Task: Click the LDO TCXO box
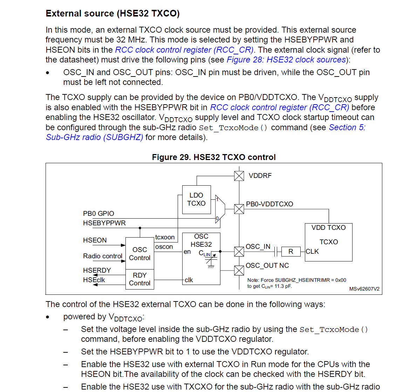pos(196,199)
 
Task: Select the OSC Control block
pos(139,253)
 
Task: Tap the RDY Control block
pos(139,279)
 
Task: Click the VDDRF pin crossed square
pos(239,176)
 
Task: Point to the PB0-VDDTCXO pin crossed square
pos(239,209)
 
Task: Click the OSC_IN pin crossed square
pos(239,251)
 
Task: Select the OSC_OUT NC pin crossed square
pos(239,271)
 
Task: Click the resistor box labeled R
pos(291,251)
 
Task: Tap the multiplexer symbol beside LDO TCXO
pos(220,209)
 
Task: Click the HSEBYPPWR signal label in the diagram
pos(104,223)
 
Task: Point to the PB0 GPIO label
pos(98,213)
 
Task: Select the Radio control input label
pos(103,256)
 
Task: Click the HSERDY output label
pos(97,270)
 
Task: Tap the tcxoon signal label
pos(165,237)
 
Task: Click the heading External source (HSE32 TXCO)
pos(112,14)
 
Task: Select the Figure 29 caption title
pos(214,157)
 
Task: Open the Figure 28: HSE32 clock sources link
pos(286,60)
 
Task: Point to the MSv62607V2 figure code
pos(364,289)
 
